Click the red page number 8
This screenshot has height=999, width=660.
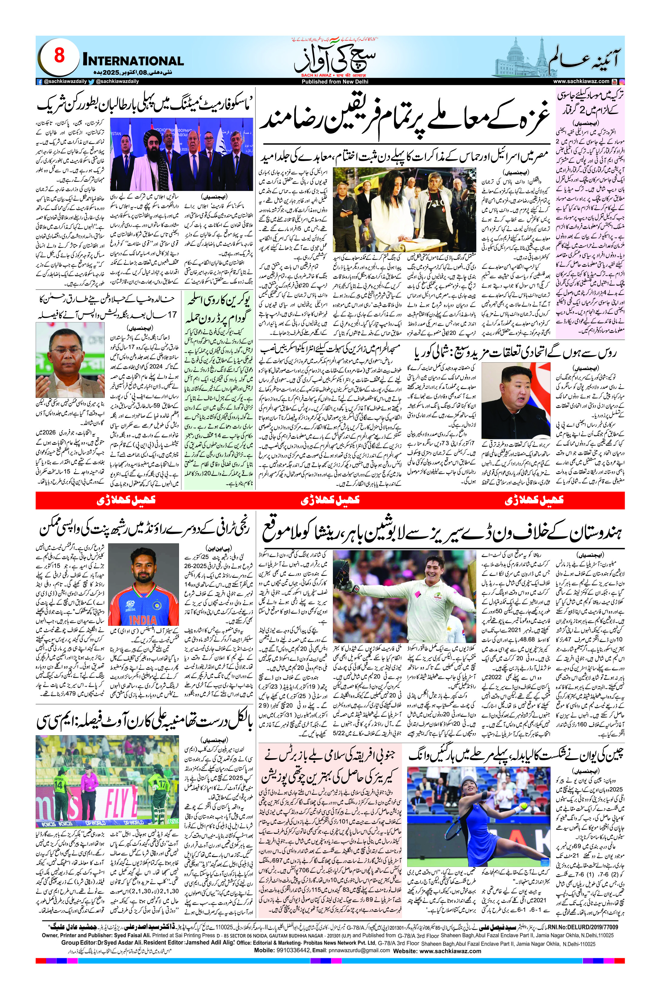[x=59, y=56]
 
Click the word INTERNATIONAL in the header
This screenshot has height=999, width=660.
[x=133, y=61]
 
